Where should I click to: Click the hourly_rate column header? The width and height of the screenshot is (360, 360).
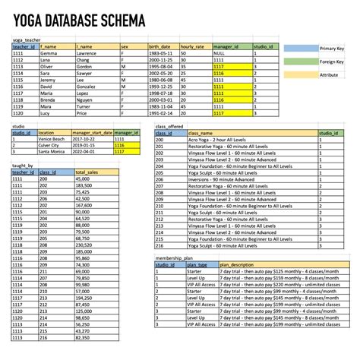(x=191, y=47)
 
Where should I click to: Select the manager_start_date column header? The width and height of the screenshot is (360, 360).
(x=91, y=133)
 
